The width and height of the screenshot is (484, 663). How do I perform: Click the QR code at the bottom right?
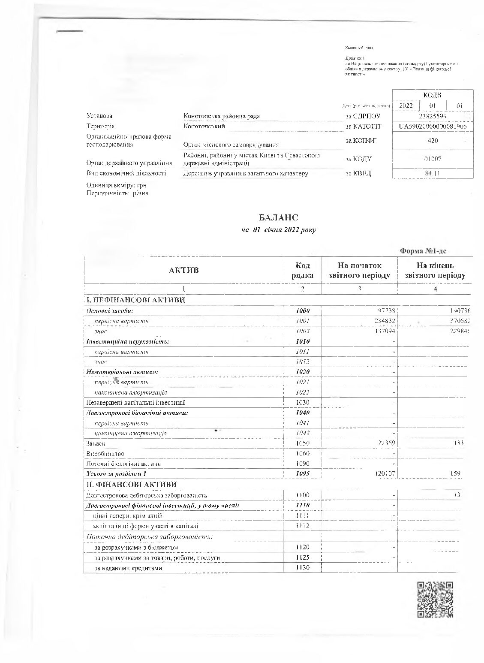coord(435,599)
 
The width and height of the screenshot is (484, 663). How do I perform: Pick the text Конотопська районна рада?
coord(221,116)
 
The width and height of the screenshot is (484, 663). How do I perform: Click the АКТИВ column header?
coord(184,270)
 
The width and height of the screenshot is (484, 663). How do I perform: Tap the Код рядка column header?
coord(303,271)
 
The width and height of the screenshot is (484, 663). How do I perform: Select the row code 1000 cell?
coord(303,310)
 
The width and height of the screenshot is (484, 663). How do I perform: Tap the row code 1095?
coord(303,474)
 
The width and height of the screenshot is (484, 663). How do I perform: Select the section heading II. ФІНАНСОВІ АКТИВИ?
coord(132,484)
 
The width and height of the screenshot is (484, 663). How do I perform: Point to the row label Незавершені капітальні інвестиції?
coord(136,403)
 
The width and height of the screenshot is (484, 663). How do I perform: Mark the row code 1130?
coord(303,568)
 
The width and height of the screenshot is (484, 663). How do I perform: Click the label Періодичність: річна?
coord(117,193)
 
